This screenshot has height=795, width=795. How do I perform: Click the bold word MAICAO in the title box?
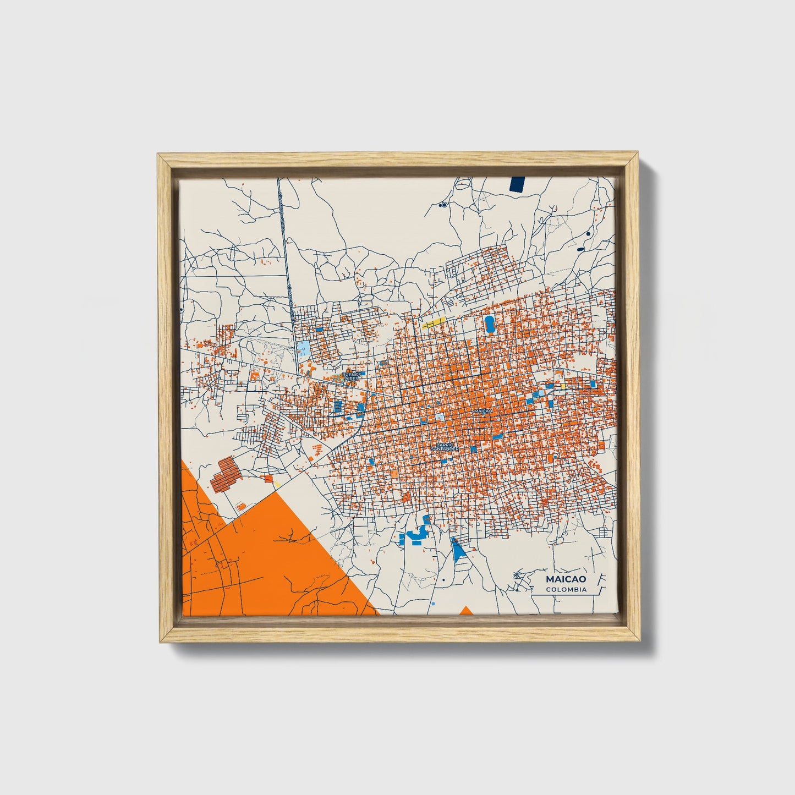tap(566, 579)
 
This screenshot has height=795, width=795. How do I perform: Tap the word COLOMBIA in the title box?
tap(566, 590)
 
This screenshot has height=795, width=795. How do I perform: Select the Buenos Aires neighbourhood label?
tap(350, 376)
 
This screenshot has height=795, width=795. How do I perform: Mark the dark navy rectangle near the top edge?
tap(518, 184)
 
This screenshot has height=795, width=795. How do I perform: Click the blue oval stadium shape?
tap(489, 324)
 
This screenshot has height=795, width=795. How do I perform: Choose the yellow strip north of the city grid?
tap(434, 323)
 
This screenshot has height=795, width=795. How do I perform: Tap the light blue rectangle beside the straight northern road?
tap(303, 348)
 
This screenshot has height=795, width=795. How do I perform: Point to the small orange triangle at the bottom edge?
tap(465, 610)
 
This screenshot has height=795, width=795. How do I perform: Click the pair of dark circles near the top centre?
tap(442, 205)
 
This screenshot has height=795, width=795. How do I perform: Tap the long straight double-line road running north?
tap(283, 248)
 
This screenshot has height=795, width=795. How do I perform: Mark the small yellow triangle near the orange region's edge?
tap(277, 484)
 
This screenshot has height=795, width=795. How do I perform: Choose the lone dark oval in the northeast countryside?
tap(581, 249)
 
